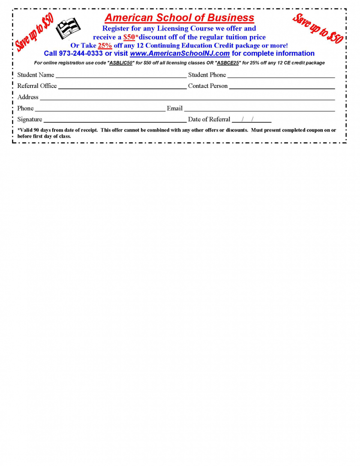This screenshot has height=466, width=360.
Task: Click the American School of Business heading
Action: pyautogui.click(x=179, y=18)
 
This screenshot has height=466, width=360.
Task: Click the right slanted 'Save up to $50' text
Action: pyautogui.click(x=318, y=28)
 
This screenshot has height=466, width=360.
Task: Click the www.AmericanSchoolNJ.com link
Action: pyautogui.click(x=180, y=54)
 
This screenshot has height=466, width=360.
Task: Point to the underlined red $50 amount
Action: pyautogui.click(x=129, y=37)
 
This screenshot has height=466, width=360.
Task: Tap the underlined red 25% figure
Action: pyautogui.click(x=105, y=45)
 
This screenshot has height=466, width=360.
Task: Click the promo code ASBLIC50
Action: pyautogui.click(x=121, y=63)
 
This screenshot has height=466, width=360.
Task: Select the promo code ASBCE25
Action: pyautogui.click(x=228, y=63)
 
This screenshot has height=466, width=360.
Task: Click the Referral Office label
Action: pyautogui.click(x=37, y=86)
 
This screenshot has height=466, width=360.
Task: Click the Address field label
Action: pyautogui.click(x=28, y=97)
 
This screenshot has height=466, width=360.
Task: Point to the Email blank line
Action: pyautogui.click(x=259, y=110)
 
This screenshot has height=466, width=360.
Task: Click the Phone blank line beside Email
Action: pyautogui.click(x=100, y=110)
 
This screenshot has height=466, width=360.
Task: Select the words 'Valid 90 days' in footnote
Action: pyautogui.click(x=36, y=130)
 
